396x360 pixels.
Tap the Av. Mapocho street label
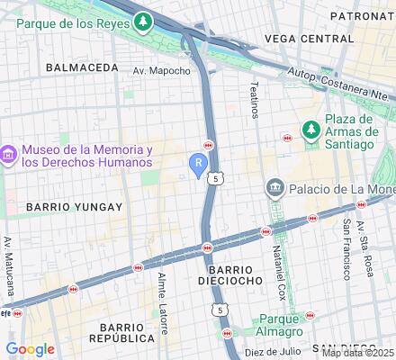161,70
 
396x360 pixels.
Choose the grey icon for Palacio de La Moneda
274,189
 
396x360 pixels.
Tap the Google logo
30,349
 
